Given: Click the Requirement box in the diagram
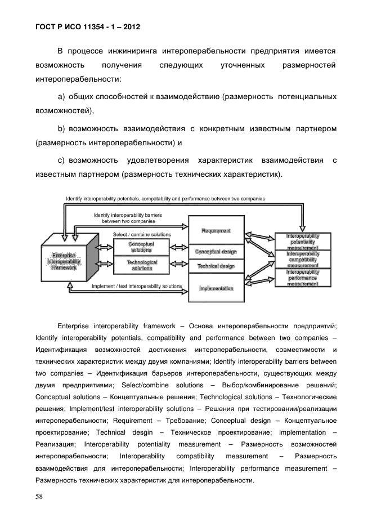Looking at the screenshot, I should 216,231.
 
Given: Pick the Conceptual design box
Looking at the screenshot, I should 216,252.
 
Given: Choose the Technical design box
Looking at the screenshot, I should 216,266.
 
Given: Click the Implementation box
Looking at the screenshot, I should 216,288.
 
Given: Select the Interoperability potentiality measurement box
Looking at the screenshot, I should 303,240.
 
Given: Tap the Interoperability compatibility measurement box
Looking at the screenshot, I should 303,260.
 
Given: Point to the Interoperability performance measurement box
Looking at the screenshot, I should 303,278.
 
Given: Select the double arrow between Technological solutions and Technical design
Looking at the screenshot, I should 179,265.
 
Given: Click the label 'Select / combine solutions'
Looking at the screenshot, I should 142,234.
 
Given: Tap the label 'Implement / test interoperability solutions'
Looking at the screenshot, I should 137,287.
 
